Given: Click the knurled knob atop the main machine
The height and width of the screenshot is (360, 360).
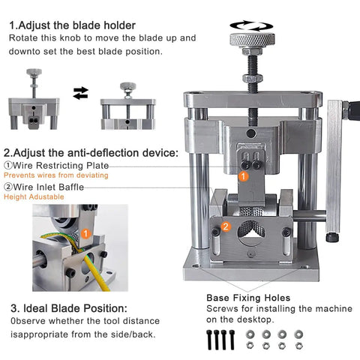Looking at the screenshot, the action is [x=252, y=40].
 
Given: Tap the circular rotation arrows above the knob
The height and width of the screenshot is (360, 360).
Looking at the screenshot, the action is [x=251, y=25].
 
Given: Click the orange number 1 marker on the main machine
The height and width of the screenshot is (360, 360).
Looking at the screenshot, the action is [x=243, y=176].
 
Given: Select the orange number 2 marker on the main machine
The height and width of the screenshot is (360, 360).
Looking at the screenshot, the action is [x=226, y=226].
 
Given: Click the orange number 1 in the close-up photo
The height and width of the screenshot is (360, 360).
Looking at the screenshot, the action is [x=85, y=234].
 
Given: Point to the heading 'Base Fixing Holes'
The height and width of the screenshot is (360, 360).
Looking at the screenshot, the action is [x=248, y=298].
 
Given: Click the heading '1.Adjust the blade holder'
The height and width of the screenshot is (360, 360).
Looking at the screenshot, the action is [x=73, y=25].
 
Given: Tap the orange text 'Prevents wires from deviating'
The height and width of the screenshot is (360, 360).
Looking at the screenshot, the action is [x=56, y=175].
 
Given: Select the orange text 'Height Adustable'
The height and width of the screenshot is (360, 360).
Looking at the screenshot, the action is [x=34, y=196].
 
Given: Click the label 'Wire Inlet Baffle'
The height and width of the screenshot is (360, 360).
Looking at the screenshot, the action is [x=49, y=187].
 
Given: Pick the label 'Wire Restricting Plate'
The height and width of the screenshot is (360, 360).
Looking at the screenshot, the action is [x=61, y=165].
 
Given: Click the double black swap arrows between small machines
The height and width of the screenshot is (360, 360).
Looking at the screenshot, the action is [x=81, y=93].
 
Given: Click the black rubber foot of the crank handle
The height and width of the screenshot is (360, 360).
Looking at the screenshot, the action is [x=332, y=237].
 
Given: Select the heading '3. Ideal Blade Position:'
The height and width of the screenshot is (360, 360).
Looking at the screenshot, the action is [x=69, y=308].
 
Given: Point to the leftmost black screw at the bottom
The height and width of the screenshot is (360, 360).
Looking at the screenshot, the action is [x=209, y=340].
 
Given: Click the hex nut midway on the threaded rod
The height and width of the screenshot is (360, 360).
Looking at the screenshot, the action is [x=253, y=79].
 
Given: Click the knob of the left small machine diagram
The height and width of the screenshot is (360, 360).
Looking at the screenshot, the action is [x=34, y=73].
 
